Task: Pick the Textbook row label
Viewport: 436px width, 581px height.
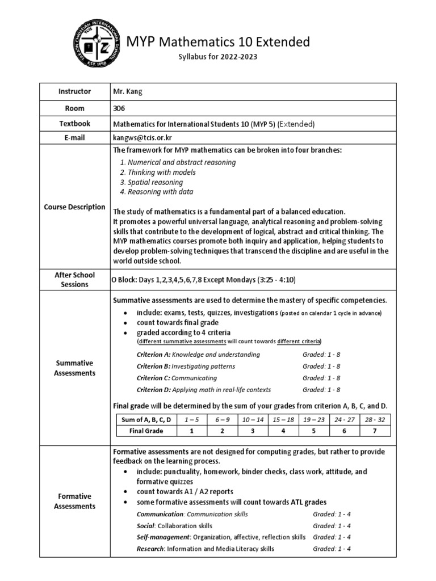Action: pyautogui.click(x=74, y=123)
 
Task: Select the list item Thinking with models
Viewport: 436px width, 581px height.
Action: pyautogui.click(x=157, y=172)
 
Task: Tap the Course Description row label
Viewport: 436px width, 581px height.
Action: pyautogui.click(x=74, y=207)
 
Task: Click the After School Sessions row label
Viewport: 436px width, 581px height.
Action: pyautogui.click(x=74, y=279)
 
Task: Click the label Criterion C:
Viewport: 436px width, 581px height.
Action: pyautogui.click(x=153, y=378)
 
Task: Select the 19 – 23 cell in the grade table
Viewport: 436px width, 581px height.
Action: pyautogui.click(x=315, y=419)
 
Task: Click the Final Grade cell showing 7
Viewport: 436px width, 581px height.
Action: pyautogui.click(x=374, y=431)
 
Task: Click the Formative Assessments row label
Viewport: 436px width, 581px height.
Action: pyautogui.click(x=74, y=501)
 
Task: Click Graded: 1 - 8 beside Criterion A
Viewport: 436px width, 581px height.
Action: pyautogui.click(x=321, y=354)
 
